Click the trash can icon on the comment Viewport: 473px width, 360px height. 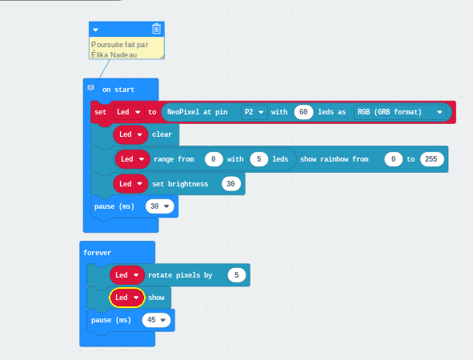(156, 29)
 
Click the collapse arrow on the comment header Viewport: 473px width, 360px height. (95, 30)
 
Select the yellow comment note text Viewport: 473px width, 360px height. (120, 50)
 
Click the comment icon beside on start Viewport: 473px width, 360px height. (90, 87)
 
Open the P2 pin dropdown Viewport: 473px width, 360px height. (255, 112)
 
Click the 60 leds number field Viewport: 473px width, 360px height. (303, 112)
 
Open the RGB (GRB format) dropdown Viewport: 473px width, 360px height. (400, 112)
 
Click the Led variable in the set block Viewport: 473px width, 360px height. (129, 112)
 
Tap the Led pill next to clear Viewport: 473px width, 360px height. (130, 134)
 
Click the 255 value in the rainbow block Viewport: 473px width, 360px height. (431, 159)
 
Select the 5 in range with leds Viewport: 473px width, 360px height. (259, 159)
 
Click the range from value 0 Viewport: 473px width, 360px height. (214, 159)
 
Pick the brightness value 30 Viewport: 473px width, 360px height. (230, 184)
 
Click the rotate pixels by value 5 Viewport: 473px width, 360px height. (237, 275)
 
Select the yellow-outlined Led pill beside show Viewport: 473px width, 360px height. (127, 298)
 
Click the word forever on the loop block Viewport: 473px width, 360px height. (97, 253)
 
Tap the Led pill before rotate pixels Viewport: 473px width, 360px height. (127, 275)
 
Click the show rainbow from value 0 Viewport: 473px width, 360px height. (393, 159)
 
